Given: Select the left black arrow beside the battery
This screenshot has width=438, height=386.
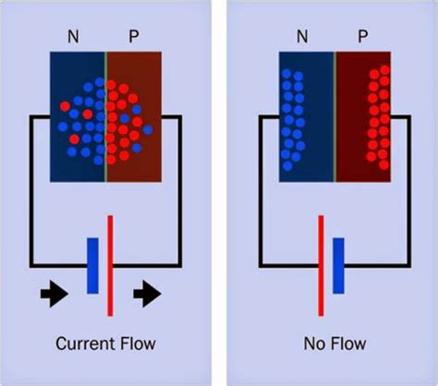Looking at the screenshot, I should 53,295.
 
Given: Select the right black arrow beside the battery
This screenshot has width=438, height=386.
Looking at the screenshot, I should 146,295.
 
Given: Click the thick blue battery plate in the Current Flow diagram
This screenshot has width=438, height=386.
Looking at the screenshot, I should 92,266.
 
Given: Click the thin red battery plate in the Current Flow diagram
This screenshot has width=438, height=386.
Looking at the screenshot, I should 111,265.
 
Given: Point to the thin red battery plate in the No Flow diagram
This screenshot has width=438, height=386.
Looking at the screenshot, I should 321,265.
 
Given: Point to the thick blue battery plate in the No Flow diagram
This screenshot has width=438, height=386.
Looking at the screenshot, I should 338,266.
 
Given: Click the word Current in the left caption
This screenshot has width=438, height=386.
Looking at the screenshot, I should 85,344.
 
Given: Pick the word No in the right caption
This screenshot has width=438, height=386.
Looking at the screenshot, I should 314,344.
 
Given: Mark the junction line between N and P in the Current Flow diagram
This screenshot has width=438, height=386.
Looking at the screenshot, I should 105,115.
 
